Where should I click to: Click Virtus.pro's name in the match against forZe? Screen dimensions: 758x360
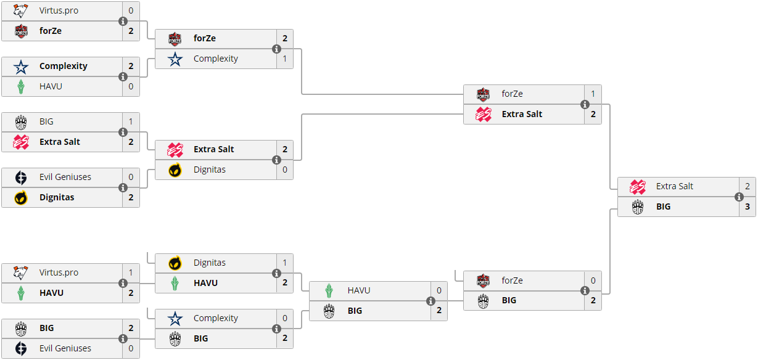(x=59, y=10)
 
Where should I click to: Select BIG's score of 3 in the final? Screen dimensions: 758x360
(x=747, y=207)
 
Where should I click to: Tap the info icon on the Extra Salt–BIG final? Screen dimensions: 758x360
(x=739, y=197)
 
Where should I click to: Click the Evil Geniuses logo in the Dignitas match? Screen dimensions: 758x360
(x=20, y=177)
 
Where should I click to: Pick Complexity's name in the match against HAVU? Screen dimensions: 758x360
(x=64, y=66)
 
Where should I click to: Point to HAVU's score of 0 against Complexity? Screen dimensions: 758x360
(x=131, y=86)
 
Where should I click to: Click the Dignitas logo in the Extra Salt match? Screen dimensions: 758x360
(x=175, y=170)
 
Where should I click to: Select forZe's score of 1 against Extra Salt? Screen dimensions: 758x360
(x=593, y=94)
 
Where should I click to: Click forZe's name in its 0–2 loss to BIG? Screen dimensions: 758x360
(x=512, y=280)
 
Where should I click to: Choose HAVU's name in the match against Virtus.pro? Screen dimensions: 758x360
(x=51, y=293)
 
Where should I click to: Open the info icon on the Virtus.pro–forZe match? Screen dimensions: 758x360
(x=123, y=22)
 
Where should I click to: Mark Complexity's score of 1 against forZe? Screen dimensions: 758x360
(x=284, y=59)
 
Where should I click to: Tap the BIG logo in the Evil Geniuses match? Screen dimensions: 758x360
(x=20, y=328)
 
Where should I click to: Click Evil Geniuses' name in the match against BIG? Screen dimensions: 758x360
(x=65, y=348)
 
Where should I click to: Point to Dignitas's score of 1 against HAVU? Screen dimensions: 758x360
(x=284, y=263)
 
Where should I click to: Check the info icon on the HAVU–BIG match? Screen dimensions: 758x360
(x=430, y=301)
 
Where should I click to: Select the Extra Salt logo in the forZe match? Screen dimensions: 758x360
(x=483, y=115)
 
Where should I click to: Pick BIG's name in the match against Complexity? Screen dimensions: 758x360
(x=200, y=338)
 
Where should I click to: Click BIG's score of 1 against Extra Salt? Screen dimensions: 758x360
(x=131, y=121)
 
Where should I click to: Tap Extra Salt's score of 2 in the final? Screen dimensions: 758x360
(x=747, y=186)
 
